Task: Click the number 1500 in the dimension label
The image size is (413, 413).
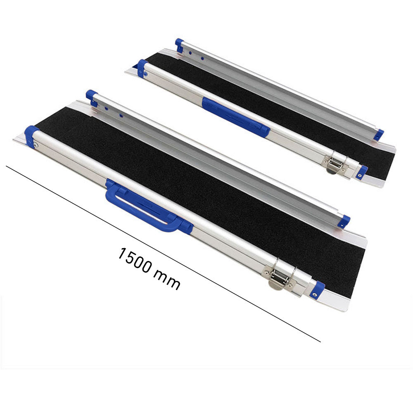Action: click(x=135, y=260)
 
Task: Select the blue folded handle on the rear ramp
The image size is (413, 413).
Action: click(x=235, y=116)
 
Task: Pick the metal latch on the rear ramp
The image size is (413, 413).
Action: click(x=335, y=162)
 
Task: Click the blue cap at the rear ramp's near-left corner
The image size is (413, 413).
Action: click(x=143, y=66)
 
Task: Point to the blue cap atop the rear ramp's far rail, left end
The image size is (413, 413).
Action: click(x=179, y=44)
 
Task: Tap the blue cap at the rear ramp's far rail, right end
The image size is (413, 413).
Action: click(x=379, y=134)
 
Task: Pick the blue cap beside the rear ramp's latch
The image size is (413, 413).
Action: click(x=363, y=171)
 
